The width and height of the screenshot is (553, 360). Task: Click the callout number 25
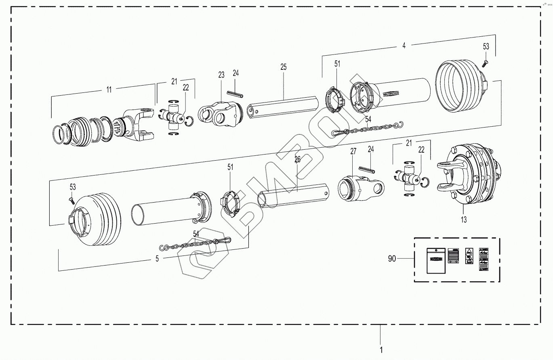[283, 67]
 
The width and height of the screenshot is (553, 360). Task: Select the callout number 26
[297, 160]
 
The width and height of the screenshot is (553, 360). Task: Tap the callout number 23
[221, 75]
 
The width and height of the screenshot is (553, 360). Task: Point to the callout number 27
[353, 152]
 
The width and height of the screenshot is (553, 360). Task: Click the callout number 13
[464, 220]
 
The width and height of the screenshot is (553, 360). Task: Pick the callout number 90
[392, 259]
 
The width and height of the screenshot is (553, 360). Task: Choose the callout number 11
[109, 90]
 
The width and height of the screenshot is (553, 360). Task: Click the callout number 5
[157, 259]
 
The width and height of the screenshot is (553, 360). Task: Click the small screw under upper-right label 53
[486, 62]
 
